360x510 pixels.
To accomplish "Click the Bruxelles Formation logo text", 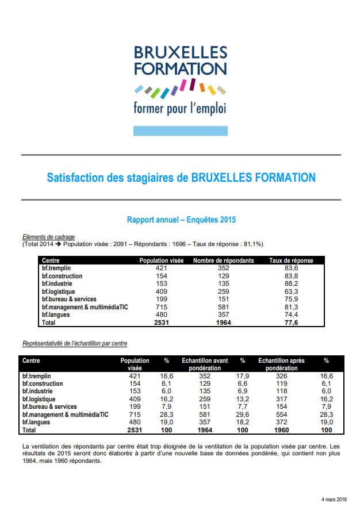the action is click(x=181, y=61).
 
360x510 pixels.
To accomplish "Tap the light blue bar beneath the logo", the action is click(x=181, y=131).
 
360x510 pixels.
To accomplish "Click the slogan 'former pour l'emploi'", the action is click(x=180, y=108).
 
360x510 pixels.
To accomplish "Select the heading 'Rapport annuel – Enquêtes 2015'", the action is click(x=181, y=220).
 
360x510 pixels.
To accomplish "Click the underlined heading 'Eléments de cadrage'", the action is click(x=48, y=237).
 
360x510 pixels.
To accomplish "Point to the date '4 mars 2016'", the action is click(x=334, y=499).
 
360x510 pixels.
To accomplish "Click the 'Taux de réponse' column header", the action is click(x=291, y=260).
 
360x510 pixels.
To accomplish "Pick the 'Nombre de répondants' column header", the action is click(x=223, y=260).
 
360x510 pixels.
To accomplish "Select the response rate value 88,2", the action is click(x=291, y=283).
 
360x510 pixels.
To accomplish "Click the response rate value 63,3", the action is click(x=291, y=291).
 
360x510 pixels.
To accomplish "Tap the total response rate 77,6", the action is click(x=291, y=323).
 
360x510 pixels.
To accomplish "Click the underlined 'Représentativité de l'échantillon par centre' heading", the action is click(x=75, y=343).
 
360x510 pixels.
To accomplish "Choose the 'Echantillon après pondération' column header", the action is click(x=281, y=364).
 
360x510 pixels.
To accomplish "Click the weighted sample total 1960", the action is click(x=281, y=430).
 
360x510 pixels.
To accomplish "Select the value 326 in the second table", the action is click(x=281, y=375).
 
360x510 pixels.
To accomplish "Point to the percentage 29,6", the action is click(x=242, y=415).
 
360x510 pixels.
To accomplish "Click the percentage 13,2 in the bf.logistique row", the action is click(x=242, y=399).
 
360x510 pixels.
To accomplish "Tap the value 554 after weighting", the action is click(x=281, y=415).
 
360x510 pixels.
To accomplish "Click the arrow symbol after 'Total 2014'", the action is click(x=58, y=244).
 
